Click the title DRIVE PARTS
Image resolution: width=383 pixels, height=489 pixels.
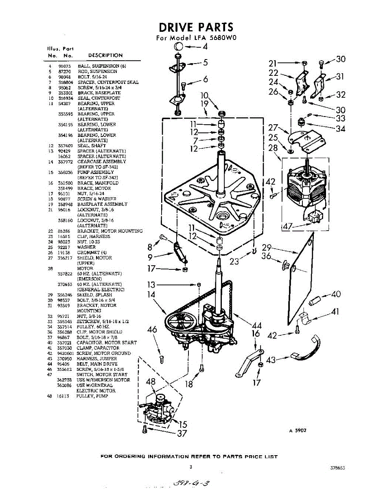click(x=196, y=27)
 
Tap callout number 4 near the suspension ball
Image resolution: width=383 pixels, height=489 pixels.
click(x=205, y=46)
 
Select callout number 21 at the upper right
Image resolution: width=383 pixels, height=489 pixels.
click(x=273, y=63)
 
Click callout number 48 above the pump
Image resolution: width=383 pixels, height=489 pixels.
click(x=151, y=382)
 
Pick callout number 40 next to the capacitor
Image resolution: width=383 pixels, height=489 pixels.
click(x=336, y=294)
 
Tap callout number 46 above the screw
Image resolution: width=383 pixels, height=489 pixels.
click(x=152, y=330)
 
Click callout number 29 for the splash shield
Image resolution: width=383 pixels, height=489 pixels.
click(x=267, y=247)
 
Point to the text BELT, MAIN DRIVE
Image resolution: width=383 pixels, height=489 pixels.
click(x=97, y=364)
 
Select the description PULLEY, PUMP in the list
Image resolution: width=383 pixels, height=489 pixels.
click(x=92, y=396)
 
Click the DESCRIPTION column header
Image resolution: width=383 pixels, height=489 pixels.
click(x=105, y=55)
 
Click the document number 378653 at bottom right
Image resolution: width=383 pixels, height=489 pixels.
click(x=337, y=469)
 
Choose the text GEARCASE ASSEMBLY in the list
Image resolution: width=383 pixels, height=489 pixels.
click(x=101, y=162)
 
